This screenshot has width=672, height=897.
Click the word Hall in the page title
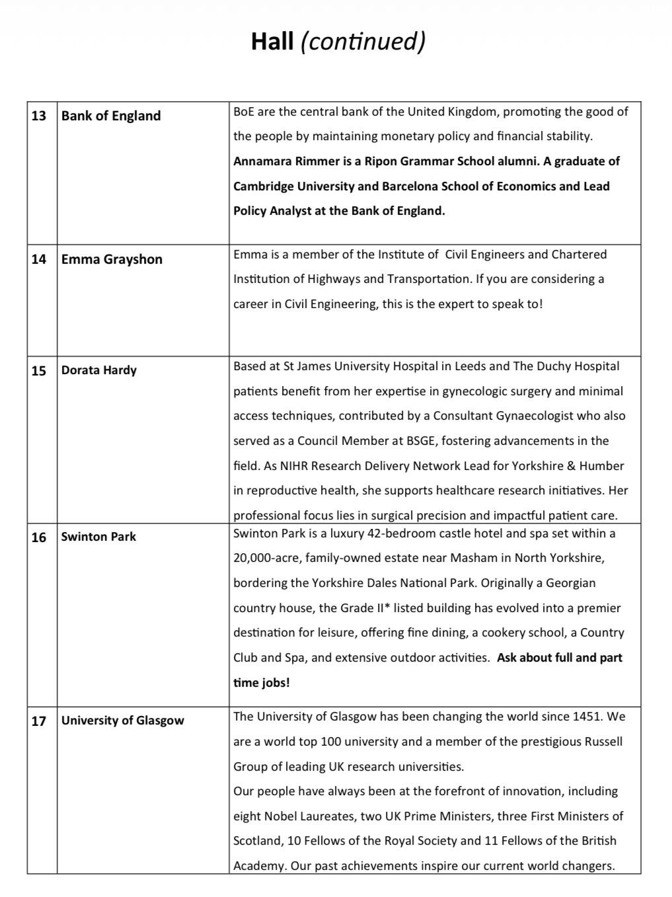pyautogui.click(x=272, y=41)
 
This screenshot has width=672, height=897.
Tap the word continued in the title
pyautogui.click(x=363, y=41)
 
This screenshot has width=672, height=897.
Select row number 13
pyautogui.click(x=39, y=116)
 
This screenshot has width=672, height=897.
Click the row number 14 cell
pyautogui.click(x=39, y=259)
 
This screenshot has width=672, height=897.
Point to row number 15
pyautogui.click(x=39, y=370)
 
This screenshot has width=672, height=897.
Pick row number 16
pyautogui.click(x=39, y=537)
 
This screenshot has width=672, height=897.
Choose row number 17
pyautogui.click(x=39, y=721)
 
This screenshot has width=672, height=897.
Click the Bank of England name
pyautogui.click(x=111, y=116)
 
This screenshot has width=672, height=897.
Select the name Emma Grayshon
pyautogui.click(x=112, y=259)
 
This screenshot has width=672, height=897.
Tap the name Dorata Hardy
pyautogui.click(x=99, y=370)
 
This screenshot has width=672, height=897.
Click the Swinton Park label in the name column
pyautogui.click(x=98, y=537)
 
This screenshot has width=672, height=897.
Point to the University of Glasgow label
pyautogui.click(x=123, y=721)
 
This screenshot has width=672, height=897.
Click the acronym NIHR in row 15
pyautogui.click(x=294, y=466)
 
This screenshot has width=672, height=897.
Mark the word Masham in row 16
pyautogui.click(x=474, y=558)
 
